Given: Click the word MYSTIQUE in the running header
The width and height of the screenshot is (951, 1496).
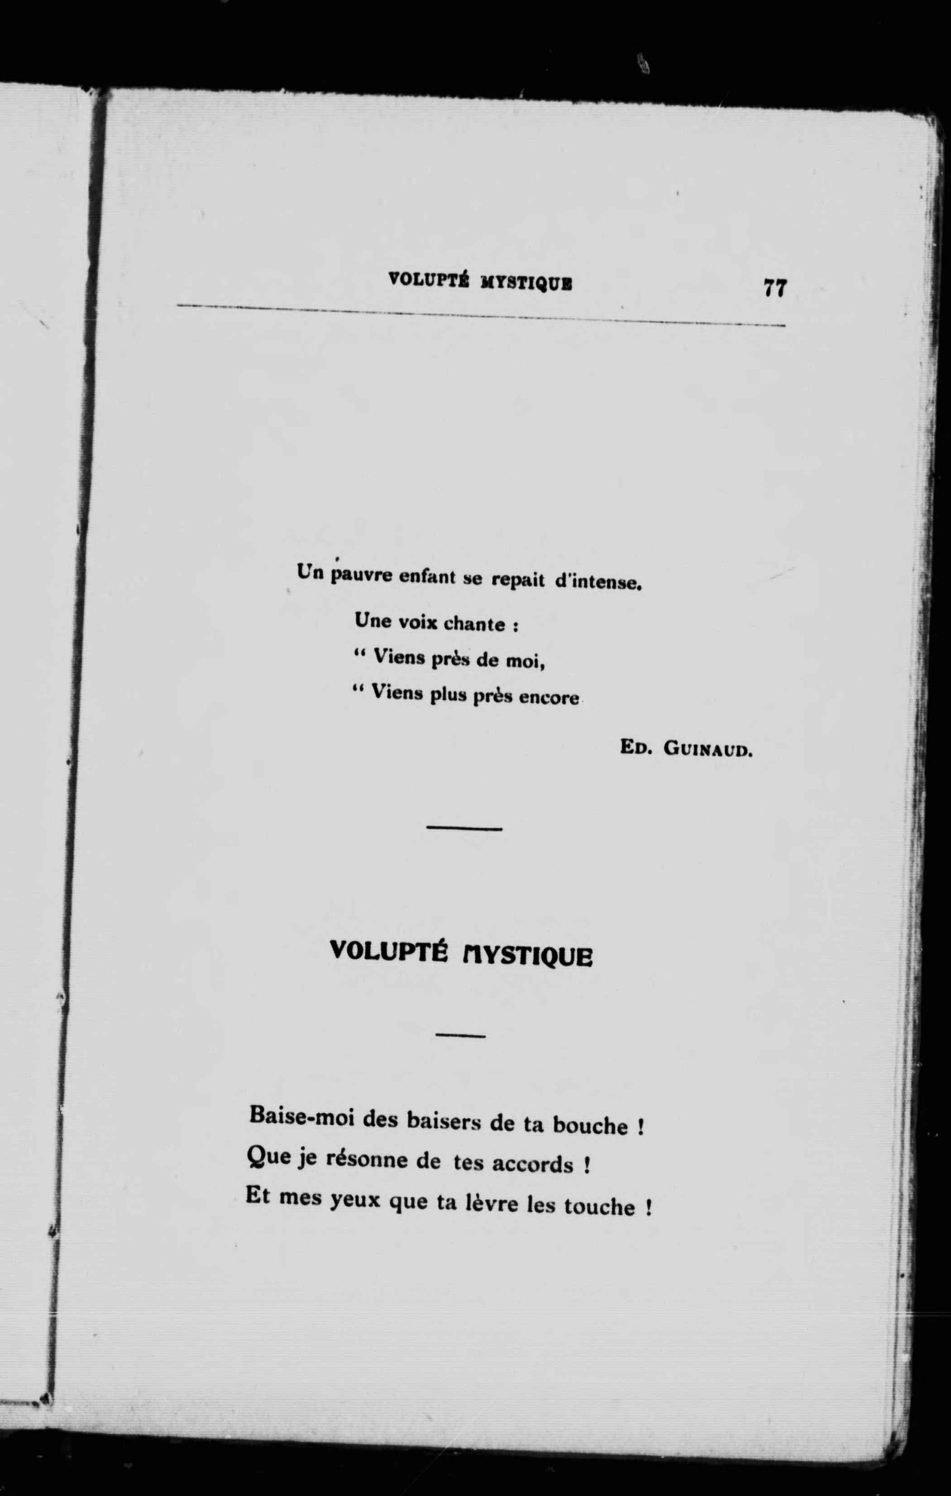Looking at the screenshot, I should pos(526,283).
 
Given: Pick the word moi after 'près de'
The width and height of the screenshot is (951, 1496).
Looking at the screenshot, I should pos(525,662).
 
